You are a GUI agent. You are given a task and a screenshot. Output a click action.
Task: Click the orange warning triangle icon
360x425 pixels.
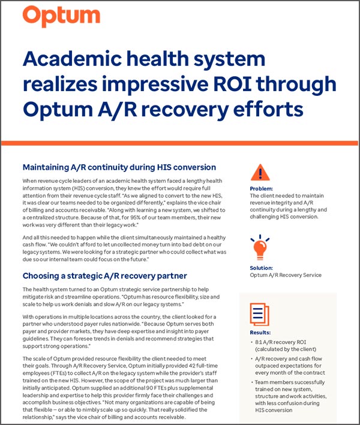[259, 173]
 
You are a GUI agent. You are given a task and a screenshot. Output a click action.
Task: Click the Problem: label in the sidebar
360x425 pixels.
[261, 188]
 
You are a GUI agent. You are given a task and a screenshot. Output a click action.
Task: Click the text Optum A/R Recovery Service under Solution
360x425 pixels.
[285, 275]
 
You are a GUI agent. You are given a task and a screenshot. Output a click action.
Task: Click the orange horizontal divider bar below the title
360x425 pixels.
[180, 142]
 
